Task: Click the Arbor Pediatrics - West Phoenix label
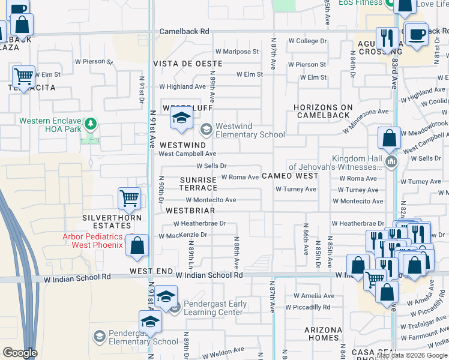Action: (x=92, y=241)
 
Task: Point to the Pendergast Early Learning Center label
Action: (x=214, y=308)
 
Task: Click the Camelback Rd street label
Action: (x=184, y=31)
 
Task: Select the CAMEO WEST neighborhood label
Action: (x=290, y=176)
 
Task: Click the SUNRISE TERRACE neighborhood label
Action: (x=199, y=184)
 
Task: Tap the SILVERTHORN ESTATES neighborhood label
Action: (x=107, y=221)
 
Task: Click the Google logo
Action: (x=20, y=353)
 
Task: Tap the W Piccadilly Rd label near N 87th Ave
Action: (x=308, y=307)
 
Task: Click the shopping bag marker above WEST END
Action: (x=137, y=245)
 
